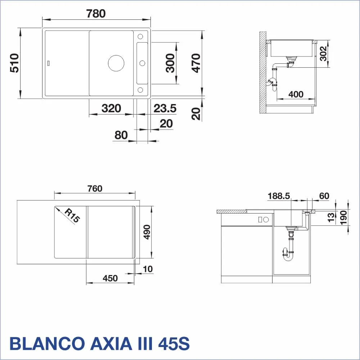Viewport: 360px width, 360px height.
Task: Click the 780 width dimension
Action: pos(96,14)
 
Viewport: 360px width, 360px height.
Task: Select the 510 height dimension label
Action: pos(14,63)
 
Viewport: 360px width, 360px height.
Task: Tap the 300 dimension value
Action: pos(170,63)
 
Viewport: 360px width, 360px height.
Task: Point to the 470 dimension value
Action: pos(196,63)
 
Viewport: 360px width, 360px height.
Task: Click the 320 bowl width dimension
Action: pos(111,108)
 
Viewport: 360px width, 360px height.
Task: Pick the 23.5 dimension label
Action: pos(165,108)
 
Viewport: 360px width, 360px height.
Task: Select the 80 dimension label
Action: pos(121,135)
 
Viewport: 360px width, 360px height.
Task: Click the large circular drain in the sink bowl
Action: pos(116,63)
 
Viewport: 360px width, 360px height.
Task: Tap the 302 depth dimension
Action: pos(323,54)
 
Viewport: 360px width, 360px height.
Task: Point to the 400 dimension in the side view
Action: pos(296,94)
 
